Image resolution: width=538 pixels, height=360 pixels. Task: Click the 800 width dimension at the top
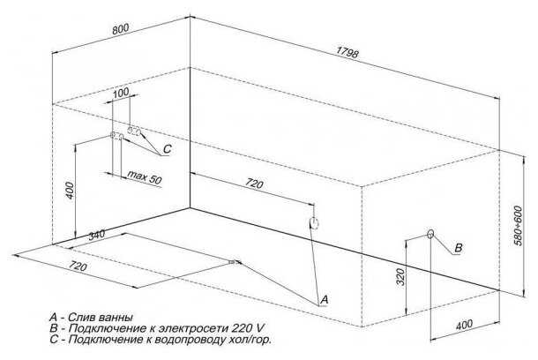point(122,28)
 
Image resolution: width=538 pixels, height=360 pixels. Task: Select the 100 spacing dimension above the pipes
point(121,93)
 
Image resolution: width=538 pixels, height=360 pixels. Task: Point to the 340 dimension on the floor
point(97,235)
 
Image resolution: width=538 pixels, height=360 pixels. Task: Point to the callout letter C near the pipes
point(168,150)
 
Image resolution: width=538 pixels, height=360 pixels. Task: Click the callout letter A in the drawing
point(324,300)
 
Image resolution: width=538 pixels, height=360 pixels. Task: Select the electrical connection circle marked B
point(430,235)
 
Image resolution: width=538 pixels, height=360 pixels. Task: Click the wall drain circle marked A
point(313,223)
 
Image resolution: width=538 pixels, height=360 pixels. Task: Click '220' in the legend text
point(232,328)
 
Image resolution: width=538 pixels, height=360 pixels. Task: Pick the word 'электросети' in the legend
point(186,328)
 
